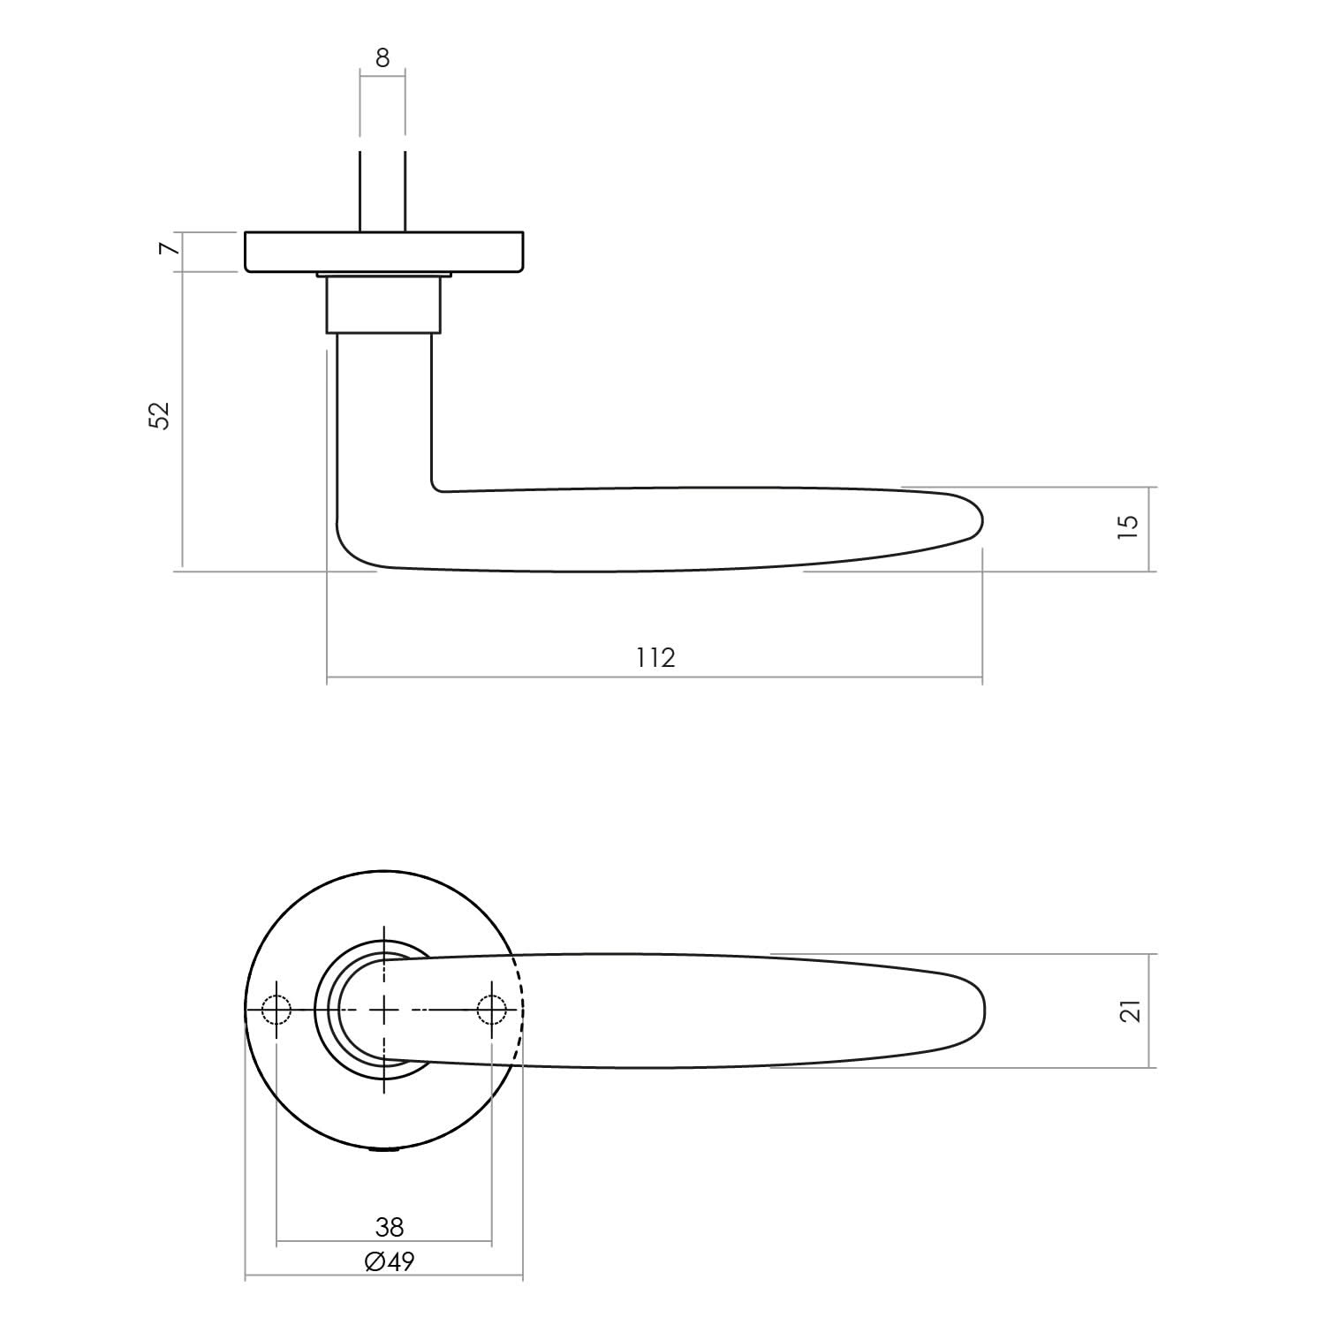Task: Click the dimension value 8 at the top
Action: click(x=382, y=58)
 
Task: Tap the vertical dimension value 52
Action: click(x=158, y=415)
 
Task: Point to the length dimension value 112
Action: click(x=655, y=657)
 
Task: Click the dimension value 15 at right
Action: click(x=1128, y=526)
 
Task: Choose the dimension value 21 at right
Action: click(x=1130, y=1011)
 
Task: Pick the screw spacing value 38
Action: click(x=389, y=1227)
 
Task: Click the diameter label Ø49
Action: click(x=389, y=1261)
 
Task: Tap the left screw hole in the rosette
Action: click(x=276, y=1009)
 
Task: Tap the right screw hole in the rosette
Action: click(x=491, y=1009)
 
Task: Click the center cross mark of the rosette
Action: click(x=384, y=1009)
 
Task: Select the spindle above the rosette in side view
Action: click(x=382, y=190)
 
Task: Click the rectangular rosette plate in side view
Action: click(x=383, y=251)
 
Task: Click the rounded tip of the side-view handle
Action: click(x=975, y=521)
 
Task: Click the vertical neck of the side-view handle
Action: click(x=384, y=415)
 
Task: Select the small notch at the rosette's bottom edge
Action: click(x=384, y=1150)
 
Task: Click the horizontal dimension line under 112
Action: click(x=655, y=678)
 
